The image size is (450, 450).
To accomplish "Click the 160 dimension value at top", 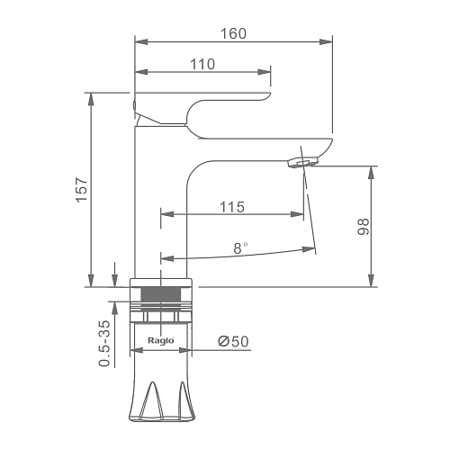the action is tap(233, 33).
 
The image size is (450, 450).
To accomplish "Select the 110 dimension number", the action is tap(202, 64).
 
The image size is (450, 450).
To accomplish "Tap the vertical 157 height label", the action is tap(82, 190).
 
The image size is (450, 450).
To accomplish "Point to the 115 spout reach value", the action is tap(232, 207).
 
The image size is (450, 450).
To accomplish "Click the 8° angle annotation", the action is tap(240, 248).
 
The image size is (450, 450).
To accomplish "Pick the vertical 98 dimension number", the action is tap(364, 227).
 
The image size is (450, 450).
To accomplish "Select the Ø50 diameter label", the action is tap(233, 341).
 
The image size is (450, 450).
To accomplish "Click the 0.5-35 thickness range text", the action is tap(104, 344).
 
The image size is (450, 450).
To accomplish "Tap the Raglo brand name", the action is tap(161, 340).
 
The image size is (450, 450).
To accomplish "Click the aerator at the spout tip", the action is tap(302, 163).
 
